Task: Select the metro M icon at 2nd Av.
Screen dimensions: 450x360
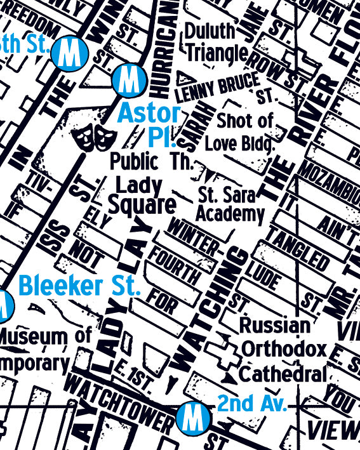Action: (x=190, y=418)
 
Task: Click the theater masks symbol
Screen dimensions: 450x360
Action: (x=93, y=136)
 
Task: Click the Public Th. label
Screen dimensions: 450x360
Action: (x=150, y=161)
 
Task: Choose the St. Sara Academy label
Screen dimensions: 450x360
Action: (x=230, y=204)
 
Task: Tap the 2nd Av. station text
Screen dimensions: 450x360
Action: (x=252, y=403)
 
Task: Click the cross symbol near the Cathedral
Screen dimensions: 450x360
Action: (x=223, y=350)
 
